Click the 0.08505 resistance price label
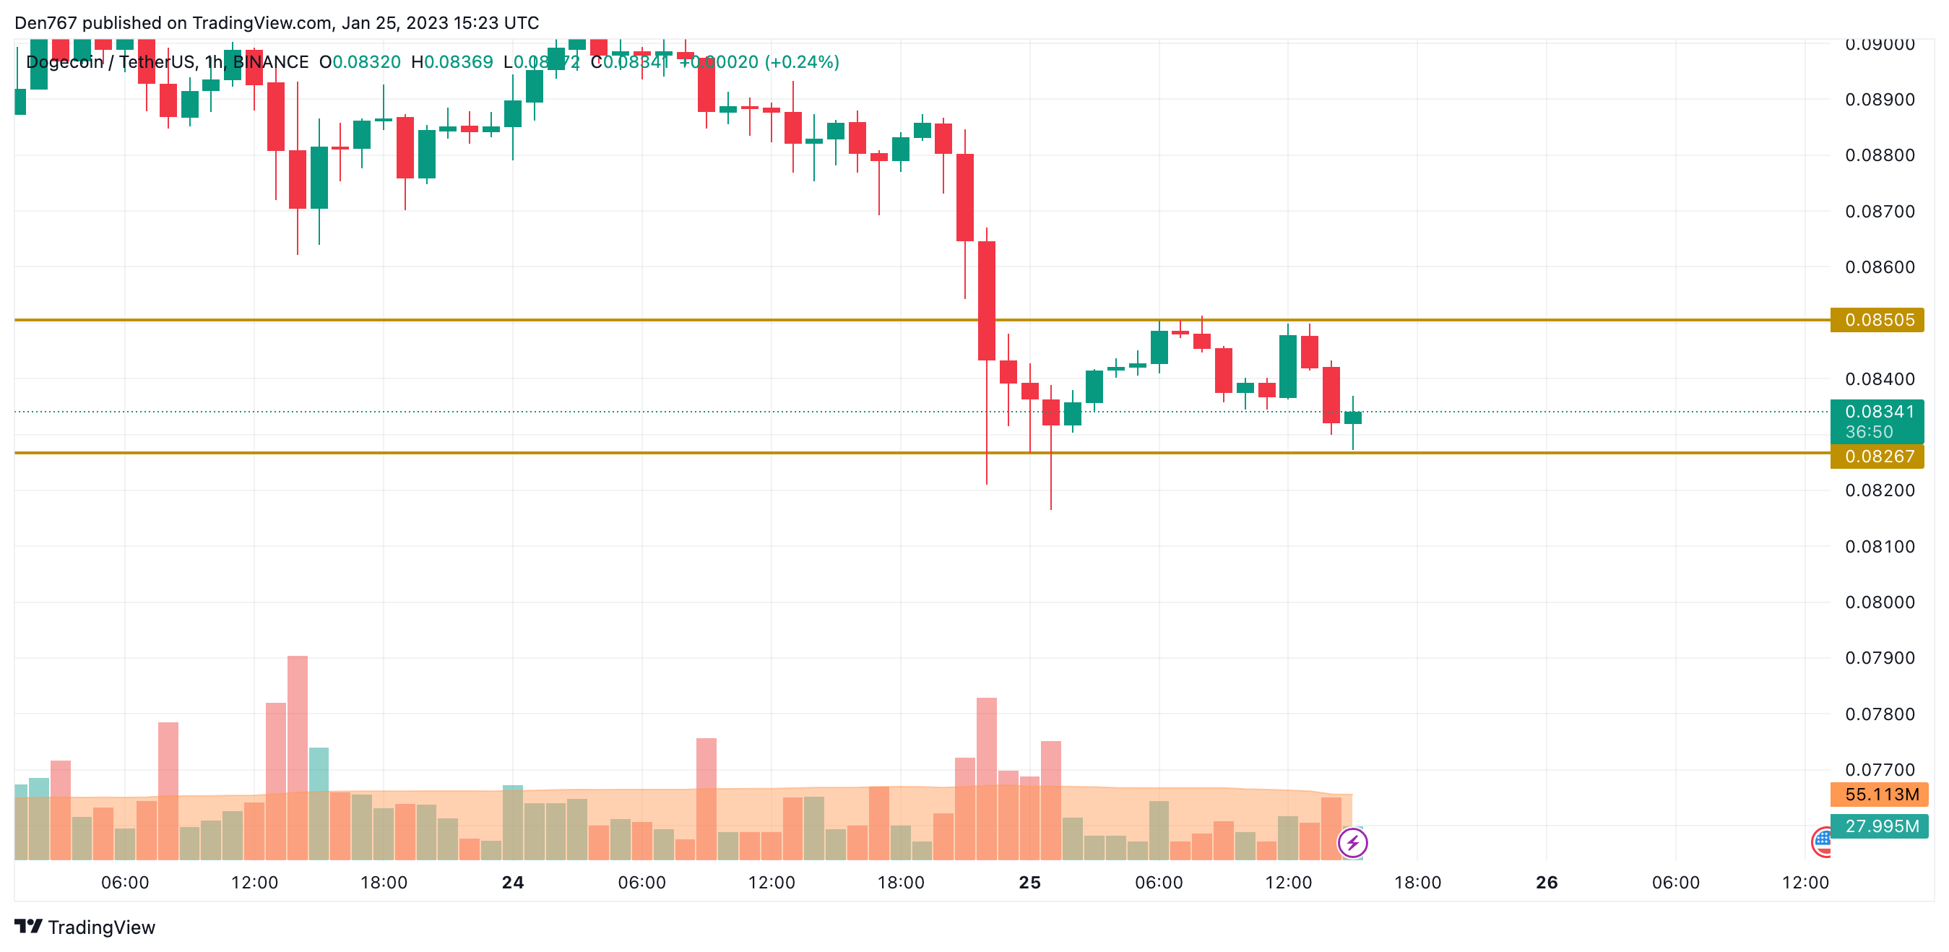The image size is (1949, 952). point(1878,320)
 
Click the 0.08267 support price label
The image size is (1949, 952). point(1878,456)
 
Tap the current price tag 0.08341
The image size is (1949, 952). point(1878,412)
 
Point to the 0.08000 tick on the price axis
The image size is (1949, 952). point(1880,602)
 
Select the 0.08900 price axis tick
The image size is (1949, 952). point(1880,100)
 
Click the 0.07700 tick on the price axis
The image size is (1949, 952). point(1880,770)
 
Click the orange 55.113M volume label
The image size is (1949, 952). point(1880,795)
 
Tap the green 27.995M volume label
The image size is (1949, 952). point(1880,826)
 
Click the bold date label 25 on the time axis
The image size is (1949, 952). point(1029,883)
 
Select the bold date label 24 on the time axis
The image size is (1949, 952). point(513,883)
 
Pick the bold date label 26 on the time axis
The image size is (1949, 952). point(1547,883)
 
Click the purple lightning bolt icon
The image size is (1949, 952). point(1352,842)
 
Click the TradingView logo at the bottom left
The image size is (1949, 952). point(85,927)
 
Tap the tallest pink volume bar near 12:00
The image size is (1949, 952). point(298,757)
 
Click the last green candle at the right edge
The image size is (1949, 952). point(1353,417)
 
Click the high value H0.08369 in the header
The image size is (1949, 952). point(451,62)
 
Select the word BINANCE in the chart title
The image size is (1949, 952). point(270,62)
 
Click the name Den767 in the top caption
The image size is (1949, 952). point(46,22)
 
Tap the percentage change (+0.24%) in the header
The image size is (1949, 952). point(802,62)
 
